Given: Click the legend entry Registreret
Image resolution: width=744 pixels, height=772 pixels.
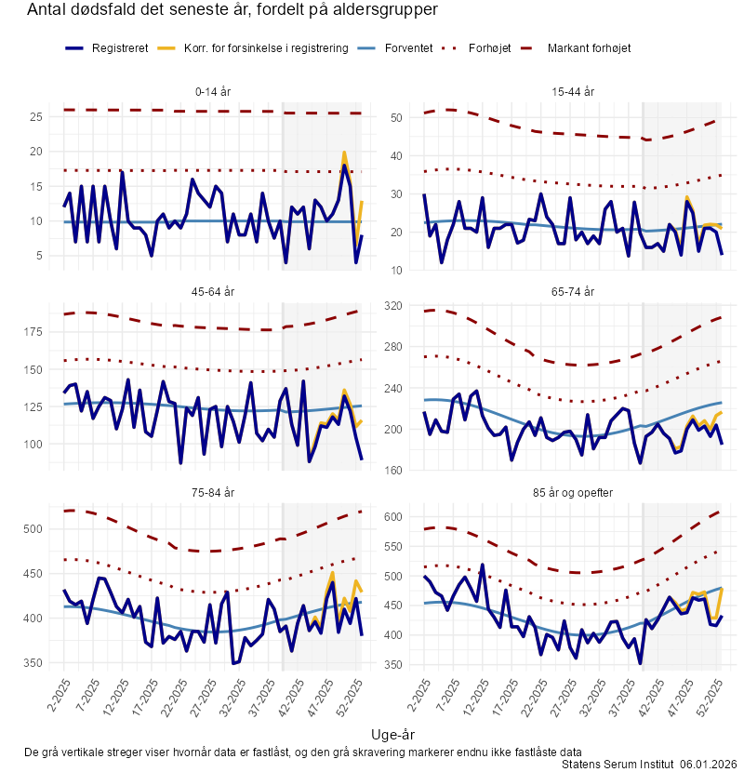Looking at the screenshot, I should pos(120,47).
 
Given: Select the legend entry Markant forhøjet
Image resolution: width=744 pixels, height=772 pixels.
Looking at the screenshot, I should pos(589,47).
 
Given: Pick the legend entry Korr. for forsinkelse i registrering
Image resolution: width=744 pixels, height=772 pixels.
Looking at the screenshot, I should pos(266,47).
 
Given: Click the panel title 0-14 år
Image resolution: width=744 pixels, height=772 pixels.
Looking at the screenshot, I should pos(215,92).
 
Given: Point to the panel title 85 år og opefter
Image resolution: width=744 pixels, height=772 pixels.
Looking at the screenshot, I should pos(573,492).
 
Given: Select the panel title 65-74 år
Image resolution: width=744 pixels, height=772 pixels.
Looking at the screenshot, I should pos(573,292).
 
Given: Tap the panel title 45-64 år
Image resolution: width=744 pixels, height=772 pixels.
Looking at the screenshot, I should pos(215,292).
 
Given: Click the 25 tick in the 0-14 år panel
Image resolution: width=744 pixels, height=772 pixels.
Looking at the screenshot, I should pos(37,117).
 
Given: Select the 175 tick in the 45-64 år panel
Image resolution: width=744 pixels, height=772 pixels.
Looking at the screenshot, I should pos(34,332).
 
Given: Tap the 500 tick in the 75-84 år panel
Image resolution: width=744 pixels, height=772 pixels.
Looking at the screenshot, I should pos(34,529).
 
